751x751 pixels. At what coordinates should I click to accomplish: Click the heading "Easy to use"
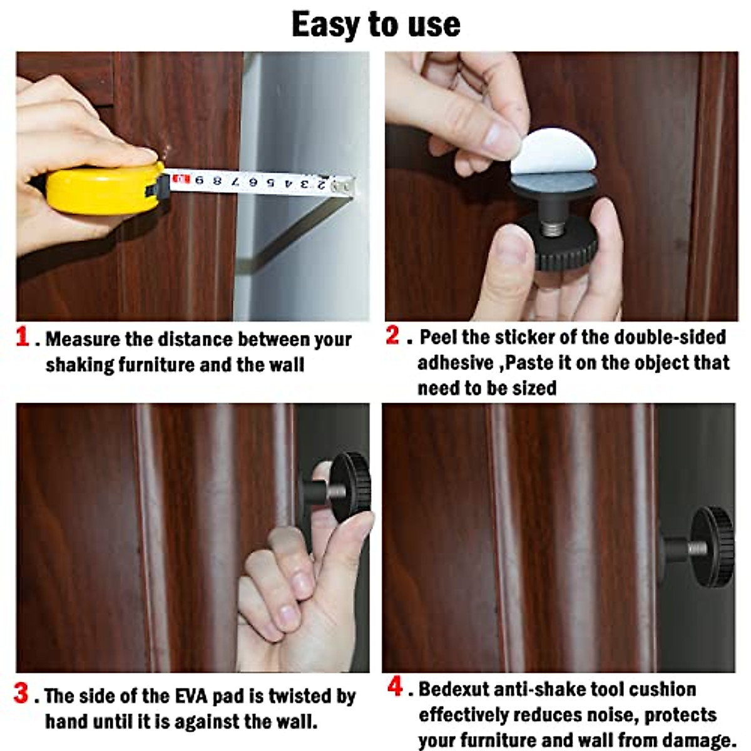click(375, 25)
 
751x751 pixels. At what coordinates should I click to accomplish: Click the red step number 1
click(23, 337)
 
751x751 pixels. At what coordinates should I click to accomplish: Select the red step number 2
click(392, 335)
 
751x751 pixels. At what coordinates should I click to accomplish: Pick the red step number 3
click(21, 693)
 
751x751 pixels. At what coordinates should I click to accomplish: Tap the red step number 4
click(395, 687)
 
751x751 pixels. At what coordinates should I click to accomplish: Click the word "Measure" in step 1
click(83, 339)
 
